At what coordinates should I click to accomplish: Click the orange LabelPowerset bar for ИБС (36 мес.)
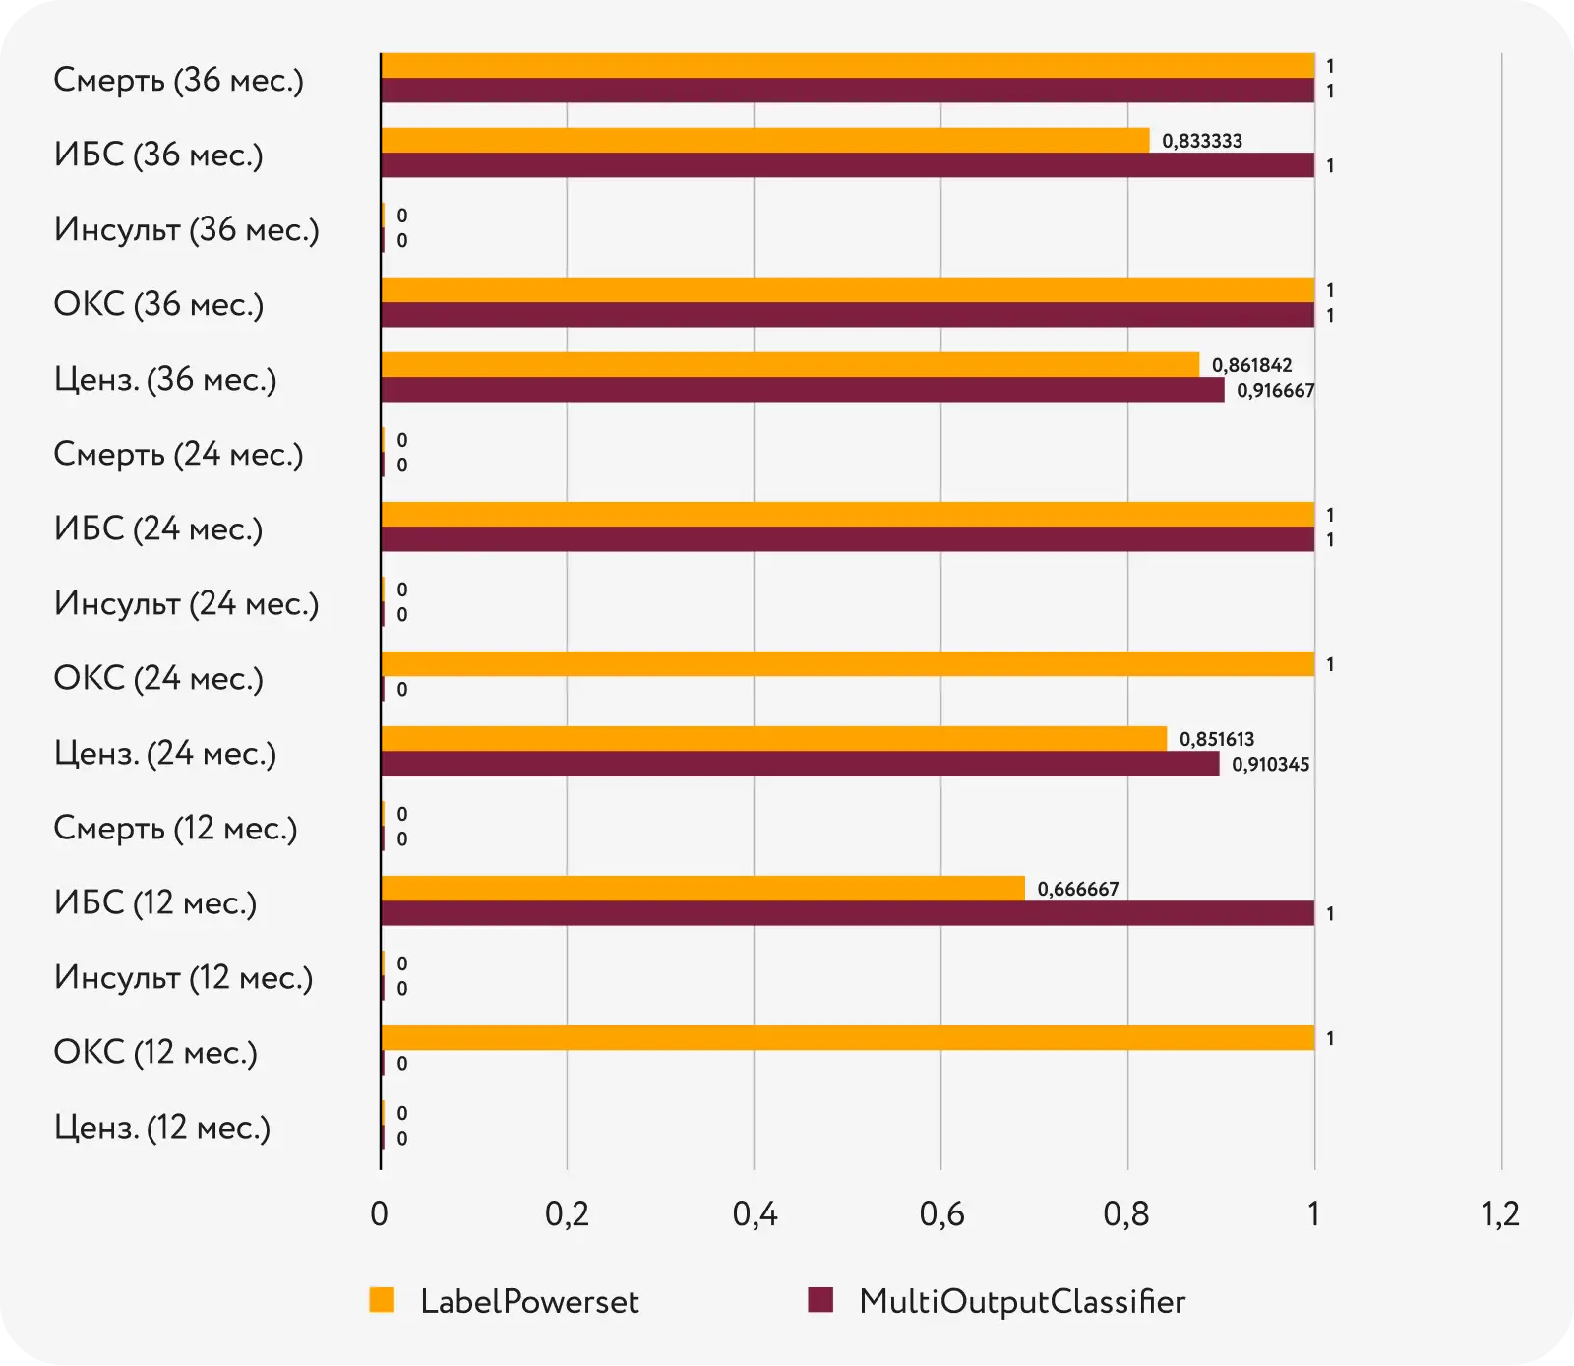764,141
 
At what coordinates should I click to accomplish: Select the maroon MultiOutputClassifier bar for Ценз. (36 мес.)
802,391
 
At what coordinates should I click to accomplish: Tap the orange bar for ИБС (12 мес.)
702,889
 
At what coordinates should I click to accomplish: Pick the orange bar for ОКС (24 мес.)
847,664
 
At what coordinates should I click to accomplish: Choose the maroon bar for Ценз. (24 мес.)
800,765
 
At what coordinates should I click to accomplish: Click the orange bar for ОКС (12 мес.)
847,1038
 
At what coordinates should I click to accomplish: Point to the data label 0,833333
1201,141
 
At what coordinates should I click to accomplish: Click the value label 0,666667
1077,890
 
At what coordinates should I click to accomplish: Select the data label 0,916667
1275,391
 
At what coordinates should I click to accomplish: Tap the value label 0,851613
1216,739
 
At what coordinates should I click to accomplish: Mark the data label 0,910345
1270,765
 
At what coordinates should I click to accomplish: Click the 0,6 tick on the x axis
941,1214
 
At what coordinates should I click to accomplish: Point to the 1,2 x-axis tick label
1500,1214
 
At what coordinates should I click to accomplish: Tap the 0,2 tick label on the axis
567,1214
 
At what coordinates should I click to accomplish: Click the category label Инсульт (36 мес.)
187,229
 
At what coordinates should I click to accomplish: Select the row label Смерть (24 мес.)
178,454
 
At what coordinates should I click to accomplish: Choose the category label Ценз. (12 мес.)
162,1127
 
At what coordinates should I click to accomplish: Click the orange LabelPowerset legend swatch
382,1300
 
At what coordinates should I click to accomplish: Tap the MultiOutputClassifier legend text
1021,1301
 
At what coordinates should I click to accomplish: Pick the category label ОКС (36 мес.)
158,304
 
